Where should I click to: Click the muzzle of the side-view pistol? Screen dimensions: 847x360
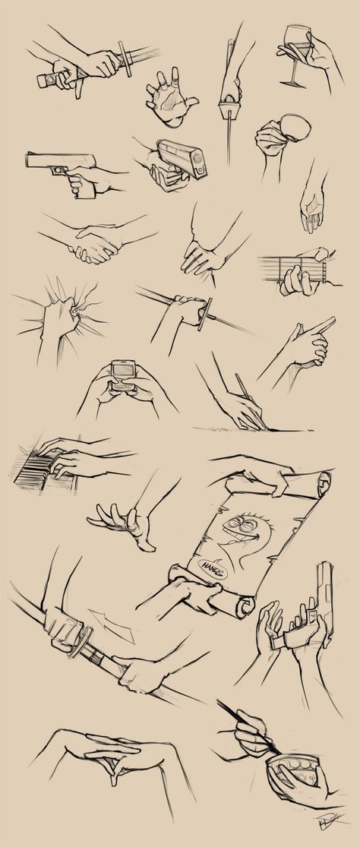coord(30,160)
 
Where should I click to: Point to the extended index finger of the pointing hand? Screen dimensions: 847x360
coord(323,325)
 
